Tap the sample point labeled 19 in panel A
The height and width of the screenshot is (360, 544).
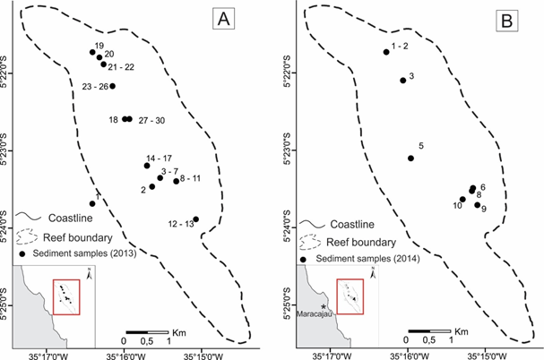[x=92, y=52]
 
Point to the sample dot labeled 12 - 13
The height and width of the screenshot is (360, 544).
[x=195, y=219]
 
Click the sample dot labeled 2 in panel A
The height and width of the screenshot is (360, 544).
[x=151, y=186]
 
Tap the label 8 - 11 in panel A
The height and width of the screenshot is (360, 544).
[x=190, y=180]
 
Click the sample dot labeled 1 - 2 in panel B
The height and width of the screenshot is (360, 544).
[x=386, y=52]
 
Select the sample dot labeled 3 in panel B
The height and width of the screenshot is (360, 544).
[x=402, y=81]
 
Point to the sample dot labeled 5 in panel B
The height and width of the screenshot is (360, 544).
[x=410, y=159]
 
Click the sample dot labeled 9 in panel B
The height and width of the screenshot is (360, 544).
[x=477, y=205]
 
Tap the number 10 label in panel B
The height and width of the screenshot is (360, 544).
[x=457, y=205]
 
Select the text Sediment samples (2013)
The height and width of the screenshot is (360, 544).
[x=79, y=254]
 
